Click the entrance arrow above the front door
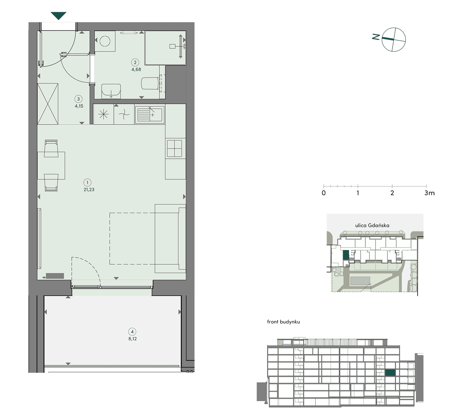point(58,16)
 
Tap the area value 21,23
point(89,190)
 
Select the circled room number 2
point(135,62)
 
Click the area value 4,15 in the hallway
point(79,106)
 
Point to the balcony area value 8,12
point(133,339)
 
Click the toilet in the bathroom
point(150,83)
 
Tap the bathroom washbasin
point(111,91)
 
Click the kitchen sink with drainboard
point(150,114)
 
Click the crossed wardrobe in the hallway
point(48,104)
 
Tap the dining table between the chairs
point(51,166)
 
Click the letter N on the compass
point(376,37)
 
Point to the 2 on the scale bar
point(392,193)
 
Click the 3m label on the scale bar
point(429,193)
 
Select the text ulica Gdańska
point(372,225)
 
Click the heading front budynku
point(283,322)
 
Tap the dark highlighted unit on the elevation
point(390,373)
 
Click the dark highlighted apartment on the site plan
point(346,255)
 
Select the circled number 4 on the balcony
point(132,332)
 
